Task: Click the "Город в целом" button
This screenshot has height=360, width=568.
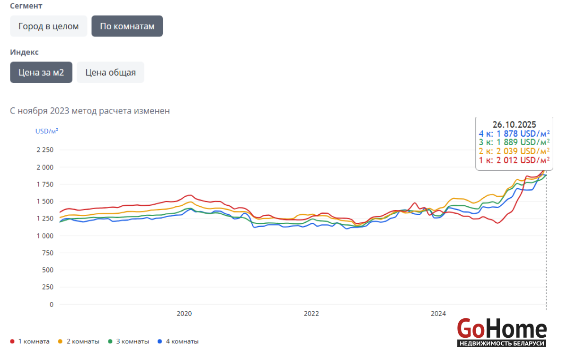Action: pos(48,26)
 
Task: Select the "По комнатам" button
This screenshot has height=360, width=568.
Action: pos(127,26)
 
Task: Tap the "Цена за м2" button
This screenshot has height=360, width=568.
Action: pos(41,72)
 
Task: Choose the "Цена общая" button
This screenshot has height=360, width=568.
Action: pos(110,72)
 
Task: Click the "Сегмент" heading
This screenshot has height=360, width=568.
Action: pos(26,6)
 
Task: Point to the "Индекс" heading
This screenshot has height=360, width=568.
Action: pos(24,52)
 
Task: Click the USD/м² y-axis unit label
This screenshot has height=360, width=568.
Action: pos(47,131)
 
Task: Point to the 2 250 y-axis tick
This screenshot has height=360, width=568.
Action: pos(45,150)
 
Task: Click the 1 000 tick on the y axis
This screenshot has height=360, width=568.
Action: pos(45,236)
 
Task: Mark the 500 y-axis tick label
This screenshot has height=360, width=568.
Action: pos(48,270)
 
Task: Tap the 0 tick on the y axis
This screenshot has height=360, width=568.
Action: pos(51,304)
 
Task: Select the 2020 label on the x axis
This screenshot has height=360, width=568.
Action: pos(184,314)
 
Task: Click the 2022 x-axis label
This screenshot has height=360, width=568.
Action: pos(311,314)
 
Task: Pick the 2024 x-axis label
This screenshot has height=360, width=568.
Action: pos(438,314)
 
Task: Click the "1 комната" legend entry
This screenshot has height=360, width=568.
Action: pos(34,342)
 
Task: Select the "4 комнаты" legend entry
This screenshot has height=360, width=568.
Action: pos(182,342)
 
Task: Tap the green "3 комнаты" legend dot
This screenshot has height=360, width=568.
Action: pos(110,342)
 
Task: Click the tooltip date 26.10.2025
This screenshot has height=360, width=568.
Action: pos(514,124)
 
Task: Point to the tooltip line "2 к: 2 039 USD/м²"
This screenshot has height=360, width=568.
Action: pos(514,151)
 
